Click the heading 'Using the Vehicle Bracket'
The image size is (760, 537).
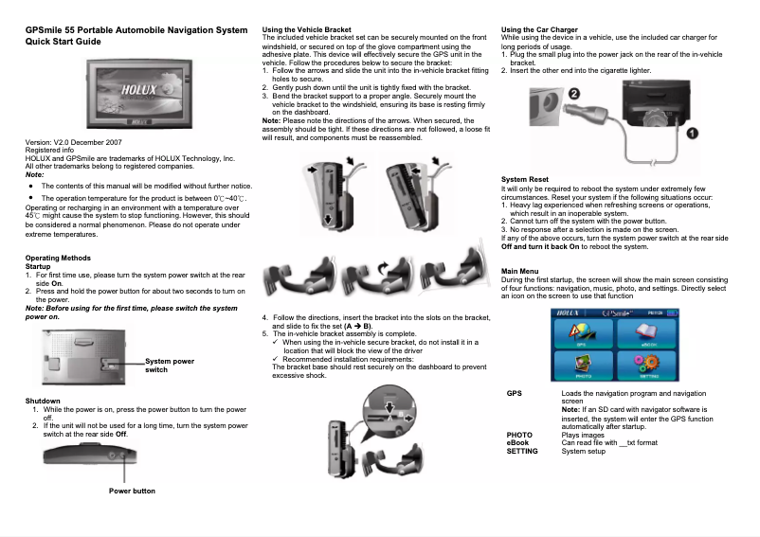[x=299, y=30]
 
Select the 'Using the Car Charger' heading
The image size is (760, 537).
[x=539, y=30]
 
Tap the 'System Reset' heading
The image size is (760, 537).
[x=524, y=179]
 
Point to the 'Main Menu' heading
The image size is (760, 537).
[x=519, y=273]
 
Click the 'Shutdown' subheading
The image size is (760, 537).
[x=43, y=401]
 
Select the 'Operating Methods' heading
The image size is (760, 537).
[x=58, y=259]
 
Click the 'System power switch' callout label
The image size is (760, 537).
[x=170, y=365]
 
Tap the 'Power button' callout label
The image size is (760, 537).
[x=132, y=491]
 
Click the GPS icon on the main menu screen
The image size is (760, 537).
[x=582, y=334]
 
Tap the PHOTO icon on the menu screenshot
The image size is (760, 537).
[x=582, y=365]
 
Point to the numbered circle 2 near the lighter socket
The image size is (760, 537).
[x=575, y=92]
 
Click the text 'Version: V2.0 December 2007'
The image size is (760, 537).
[x=72, y=142]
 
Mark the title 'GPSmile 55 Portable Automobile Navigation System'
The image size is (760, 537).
[x=136, y=30]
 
